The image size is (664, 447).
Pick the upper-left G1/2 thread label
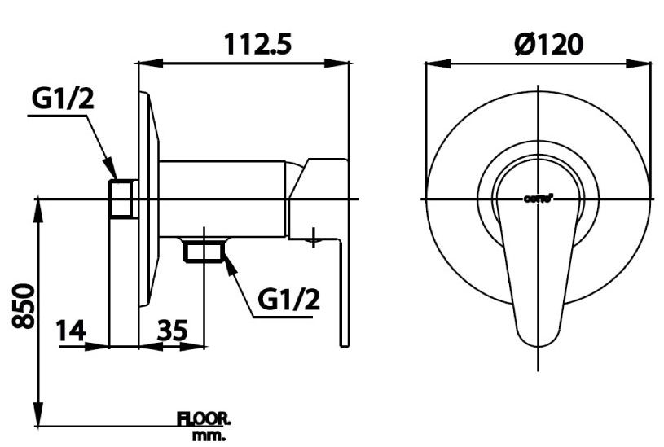(63, 99)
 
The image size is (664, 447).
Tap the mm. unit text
(209, 436)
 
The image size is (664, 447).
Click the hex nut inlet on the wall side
(123, 199)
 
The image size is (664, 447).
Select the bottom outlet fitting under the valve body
(204, 251)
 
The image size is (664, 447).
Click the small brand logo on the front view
(539, 198)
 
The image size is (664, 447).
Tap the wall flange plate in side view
(147, 199)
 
